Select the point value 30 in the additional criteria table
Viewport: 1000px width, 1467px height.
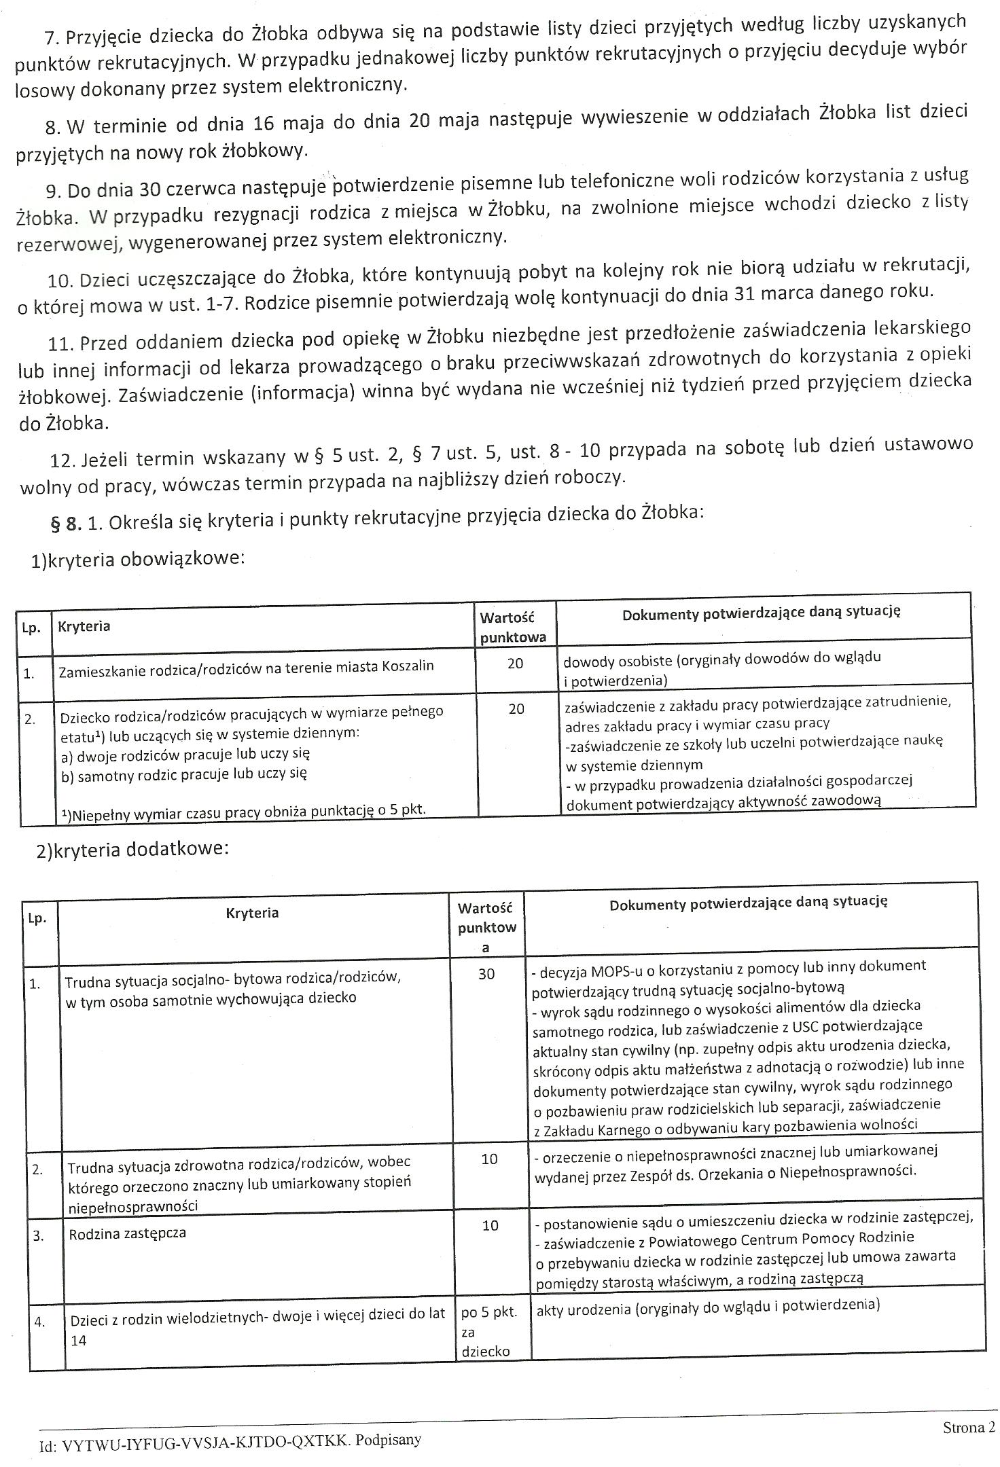click(x=486, y=974)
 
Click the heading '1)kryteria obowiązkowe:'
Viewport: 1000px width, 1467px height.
click(x=137, y=558)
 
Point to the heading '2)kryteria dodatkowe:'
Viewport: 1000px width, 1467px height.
click(x=132, y=850)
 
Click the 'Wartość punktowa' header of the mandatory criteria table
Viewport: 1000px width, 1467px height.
click(x=514, y=627)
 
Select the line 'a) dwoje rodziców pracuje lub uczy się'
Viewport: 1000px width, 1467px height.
click(x=185, y=754)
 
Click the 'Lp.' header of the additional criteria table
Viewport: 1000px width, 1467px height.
click(x=37, y=918)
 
